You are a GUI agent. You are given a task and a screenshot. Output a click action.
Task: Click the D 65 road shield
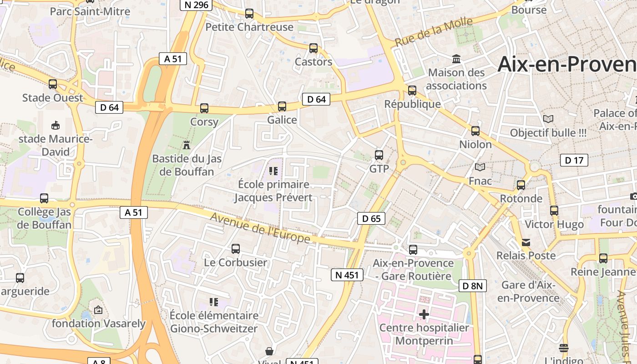[371, 218]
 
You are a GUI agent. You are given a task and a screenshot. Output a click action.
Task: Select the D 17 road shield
[574, 160]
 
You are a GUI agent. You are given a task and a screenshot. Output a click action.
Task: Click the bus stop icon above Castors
[313, 48]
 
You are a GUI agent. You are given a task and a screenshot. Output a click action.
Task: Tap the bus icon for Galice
[282, 106]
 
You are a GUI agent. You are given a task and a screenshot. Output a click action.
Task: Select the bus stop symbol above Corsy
[204, 108]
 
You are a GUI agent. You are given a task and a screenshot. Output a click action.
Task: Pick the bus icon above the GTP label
[379, 155]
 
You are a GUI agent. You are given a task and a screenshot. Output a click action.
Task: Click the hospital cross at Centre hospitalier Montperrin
[424, 314]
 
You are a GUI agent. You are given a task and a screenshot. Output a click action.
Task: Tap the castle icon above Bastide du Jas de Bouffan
[186, 145]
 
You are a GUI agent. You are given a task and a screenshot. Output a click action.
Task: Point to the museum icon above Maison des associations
[456, 59]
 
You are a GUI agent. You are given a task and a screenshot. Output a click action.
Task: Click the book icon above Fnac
[480, 167]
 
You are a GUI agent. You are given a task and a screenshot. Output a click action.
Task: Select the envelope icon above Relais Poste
[526, 242]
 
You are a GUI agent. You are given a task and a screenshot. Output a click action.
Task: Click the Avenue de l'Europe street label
[260, 227]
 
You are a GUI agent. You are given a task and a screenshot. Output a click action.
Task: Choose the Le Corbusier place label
[235, 263]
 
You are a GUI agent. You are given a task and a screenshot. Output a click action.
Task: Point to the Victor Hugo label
[554, 224]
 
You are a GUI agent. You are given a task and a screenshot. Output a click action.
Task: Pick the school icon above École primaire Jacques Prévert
[273, 171]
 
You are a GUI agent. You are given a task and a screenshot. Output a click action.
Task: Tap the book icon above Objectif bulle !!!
[548, 119]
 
